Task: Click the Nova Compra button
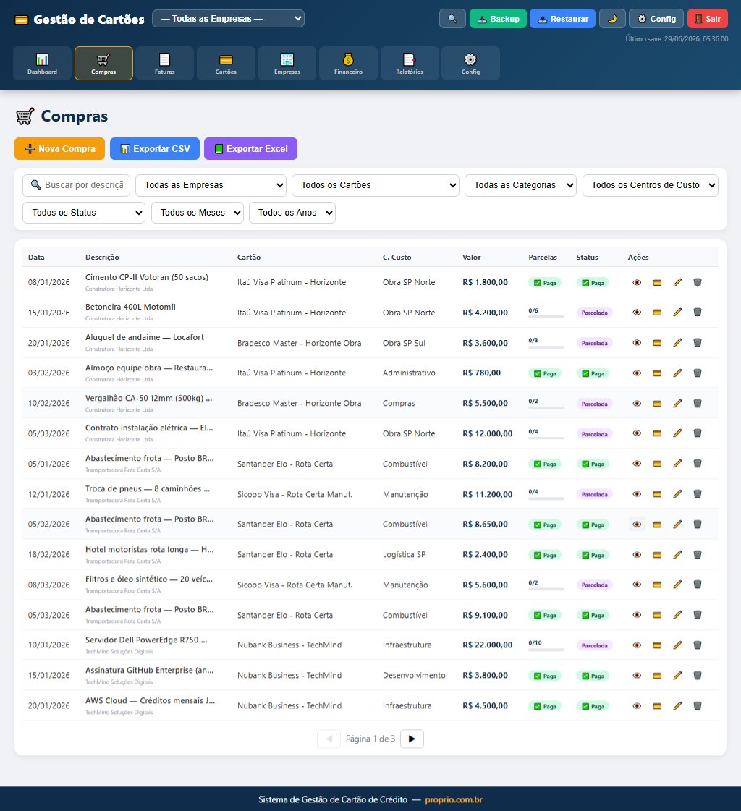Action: (59, 148)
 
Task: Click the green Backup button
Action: (498, 19)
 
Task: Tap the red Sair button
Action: (708, 19)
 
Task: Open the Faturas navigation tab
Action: (164, 63)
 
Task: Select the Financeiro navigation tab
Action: (348, 63)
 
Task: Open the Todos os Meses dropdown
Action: (197, 213)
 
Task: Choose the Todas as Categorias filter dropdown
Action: (520, 185)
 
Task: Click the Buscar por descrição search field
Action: (77, 185)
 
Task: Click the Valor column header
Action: (471, 257)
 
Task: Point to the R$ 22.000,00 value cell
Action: (488, 645)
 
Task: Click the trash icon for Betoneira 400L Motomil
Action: (698, 313)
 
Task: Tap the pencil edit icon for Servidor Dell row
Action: (677, 645)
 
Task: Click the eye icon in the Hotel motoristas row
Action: (637, 554)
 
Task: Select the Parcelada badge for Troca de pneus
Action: (595, 494)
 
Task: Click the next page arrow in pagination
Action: (412, 739)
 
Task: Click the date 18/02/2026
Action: (48, 554)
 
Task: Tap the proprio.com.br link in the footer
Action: (454, 799)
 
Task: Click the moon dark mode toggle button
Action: (612, 19)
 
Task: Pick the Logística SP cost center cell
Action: (404, 554)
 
